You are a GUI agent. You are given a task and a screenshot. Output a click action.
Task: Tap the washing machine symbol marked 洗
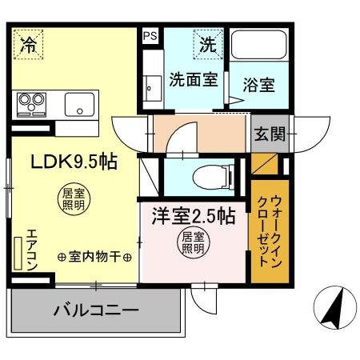[x=208, y=46]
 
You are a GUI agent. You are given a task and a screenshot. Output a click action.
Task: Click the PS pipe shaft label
[x=150, y=36]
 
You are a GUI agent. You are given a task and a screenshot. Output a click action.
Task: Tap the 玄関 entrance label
[x=269, y=134]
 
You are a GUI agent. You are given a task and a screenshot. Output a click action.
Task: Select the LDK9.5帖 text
[x=74, y=161]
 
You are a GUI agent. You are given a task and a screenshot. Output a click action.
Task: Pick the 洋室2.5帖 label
[x=194, y=216]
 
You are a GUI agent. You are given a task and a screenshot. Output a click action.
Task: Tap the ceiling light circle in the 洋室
[x=192, y=242]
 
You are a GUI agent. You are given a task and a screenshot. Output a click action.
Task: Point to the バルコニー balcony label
[x=97, y=310]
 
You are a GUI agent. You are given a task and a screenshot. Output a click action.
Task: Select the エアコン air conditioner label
[x=31, y=249]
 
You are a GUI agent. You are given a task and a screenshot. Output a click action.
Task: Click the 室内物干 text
[x=94, y=257]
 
